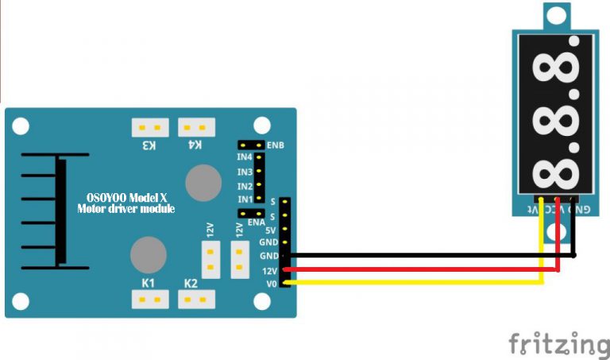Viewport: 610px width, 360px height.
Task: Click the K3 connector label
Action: point(149,145)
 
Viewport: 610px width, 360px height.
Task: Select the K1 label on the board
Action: point(148,284)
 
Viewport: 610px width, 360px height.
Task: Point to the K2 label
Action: point(191,284)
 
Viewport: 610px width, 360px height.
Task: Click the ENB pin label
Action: point(276,146)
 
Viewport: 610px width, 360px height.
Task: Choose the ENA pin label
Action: point(256,223)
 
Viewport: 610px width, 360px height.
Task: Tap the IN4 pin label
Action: point(244,158)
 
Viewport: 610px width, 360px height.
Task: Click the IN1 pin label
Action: point(244,199)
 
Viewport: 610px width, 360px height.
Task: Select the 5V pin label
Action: point(271,230)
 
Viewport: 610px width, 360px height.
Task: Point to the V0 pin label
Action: point(272,283)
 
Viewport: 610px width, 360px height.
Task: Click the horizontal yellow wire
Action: point(413,282)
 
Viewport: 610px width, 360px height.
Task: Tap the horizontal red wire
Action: point(421,269)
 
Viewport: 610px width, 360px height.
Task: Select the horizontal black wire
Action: point(429,256)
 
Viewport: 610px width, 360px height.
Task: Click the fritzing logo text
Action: point(559,344)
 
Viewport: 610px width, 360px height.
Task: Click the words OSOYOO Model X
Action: point(126,198)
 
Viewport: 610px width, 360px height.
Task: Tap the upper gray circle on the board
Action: point(203,183)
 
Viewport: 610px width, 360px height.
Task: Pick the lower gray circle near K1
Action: point(148,254)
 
